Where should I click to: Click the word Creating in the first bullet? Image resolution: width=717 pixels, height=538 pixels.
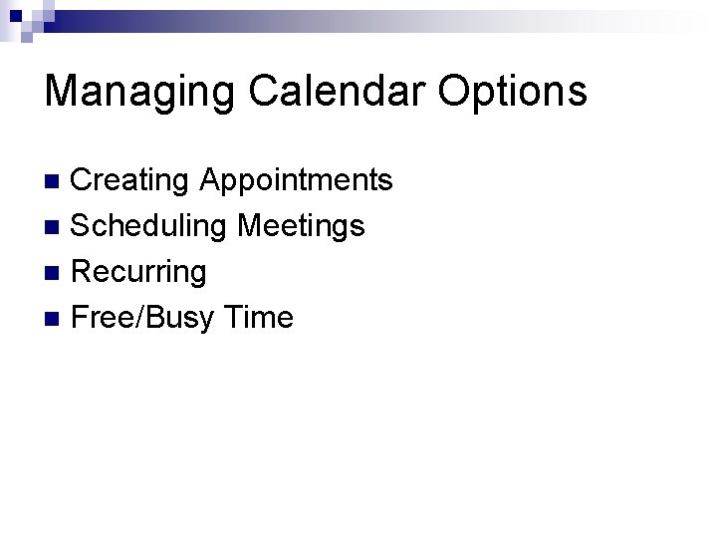[131, 180]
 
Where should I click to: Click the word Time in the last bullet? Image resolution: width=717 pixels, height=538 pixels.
[259, 318]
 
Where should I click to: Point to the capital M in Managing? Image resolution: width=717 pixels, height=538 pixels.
[62, 91]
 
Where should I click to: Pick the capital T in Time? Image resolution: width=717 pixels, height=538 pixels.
[235, 318]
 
